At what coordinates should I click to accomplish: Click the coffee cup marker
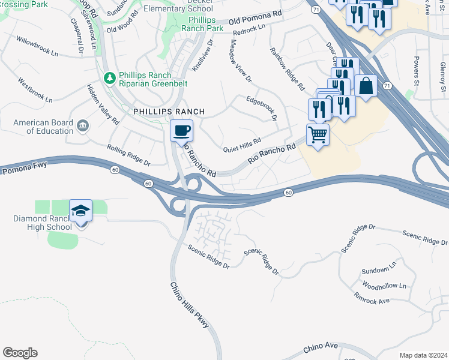[181, 130]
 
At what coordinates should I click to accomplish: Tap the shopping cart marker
[318, 134]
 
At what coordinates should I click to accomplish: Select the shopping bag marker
[366, 86]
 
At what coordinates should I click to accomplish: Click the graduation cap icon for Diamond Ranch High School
[80, 211]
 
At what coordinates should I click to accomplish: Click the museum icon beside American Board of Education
[83, 125]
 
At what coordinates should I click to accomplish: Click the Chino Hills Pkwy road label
[190, 305]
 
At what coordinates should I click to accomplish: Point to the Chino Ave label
[323, 347]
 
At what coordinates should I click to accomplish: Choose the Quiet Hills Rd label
[242, 145]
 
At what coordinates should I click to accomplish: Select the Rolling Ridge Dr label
[128, 154]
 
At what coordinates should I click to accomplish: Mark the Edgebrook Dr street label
[261, 107]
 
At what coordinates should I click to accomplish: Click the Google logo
[20, 353]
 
